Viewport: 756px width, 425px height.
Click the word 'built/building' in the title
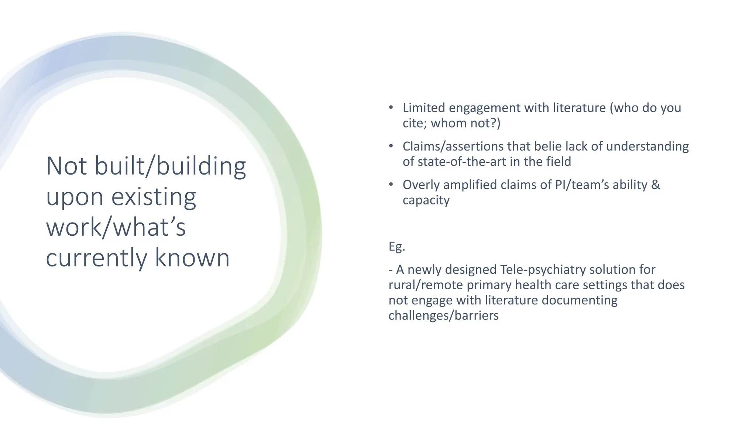tap(170, 166)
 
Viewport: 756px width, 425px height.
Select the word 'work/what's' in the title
tap(116, 227)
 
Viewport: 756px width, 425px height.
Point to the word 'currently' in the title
tap(97, 258)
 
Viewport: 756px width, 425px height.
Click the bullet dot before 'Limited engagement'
tap(391, 108)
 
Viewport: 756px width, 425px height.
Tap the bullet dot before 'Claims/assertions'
tap(391, 146)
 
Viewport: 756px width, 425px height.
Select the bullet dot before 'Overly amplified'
tap(391, 185)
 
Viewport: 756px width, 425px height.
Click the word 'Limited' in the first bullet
tap(424, 108)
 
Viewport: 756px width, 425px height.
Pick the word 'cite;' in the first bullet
tap(415, 123)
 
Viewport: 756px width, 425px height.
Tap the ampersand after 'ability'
tap(656, 185)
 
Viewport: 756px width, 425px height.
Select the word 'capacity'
tap(426, 200)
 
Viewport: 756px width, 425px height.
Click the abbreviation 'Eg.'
tap(397, 246)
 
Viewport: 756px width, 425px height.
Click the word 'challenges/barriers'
tap(443, 316)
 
